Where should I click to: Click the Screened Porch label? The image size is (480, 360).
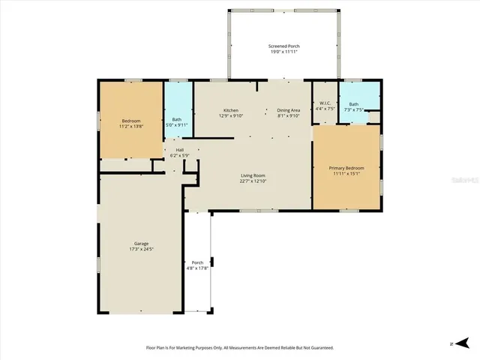(x=283, y=47)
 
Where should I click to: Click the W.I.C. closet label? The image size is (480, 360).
(x=325, y=103)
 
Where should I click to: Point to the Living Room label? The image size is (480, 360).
(x=253, y=175)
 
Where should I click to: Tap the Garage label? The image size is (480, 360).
(x=141, y=244)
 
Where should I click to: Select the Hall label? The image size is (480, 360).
(x=180, y=150)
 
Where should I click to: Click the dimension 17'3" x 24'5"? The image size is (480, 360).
(x=141, y=249)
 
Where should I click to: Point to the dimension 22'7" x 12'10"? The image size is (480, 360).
(x=253, y=181)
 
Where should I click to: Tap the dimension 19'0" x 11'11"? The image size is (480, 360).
(x=283, y=52)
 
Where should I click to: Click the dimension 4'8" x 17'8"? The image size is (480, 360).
(x=197, y=268)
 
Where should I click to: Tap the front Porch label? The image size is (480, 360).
(x=197, y=262)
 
